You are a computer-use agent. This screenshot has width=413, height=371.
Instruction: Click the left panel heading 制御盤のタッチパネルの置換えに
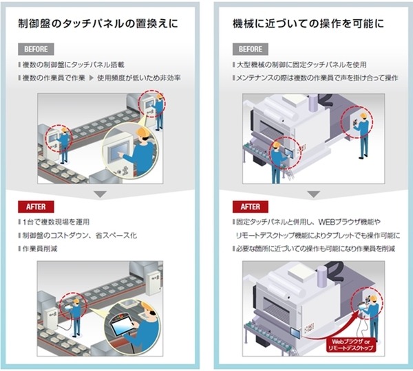pos(98,23)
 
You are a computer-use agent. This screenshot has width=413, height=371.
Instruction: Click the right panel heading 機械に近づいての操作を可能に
pos(307,23)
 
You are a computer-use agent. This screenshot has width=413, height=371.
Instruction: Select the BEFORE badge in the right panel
pos(250,49)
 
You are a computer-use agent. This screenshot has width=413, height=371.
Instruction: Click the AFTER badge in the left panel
pos(34,206)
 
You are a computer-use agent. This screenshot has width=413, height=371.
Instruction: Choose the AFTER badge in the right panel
pos(249,206)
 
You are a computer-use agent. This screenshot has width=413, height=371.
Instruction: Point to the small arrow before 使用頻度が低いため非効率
pos(99,78)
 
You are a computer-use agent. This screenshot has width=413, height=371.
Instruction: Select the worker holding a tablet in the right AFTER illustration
pos(372,313)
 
